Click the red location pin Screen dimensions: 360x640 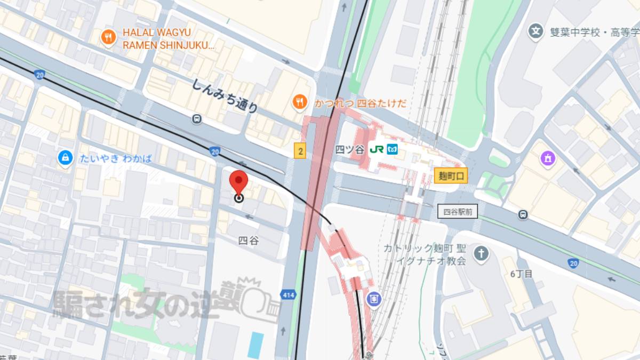[238, 183]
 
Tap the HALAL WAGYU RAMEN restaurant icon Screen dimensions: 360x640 [108, 37]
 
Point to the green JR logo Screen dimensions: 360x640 [376, 150]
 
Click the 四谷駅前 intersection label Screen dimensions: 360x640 [457, 212]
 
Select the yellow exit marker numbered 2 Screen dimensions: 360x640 [300, 151]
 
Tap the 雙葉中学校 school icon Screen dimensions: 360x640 [535, 30]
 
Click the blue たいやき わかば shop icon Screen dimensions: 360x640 [65, 157]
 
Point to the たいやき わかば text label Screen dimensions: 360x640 [116, 158]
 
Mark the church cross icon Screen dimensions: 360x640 [481, 253]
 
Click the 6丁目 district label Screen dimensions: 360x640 [521, 274]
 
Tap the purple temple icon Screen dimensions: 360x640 [547, 158]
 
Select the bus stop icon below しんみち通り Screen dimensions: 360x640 [197, 118]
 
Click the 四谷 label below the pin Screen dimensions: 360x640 [249, 241]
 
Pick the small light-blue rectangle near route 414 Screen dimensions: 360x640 [256, 345]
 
